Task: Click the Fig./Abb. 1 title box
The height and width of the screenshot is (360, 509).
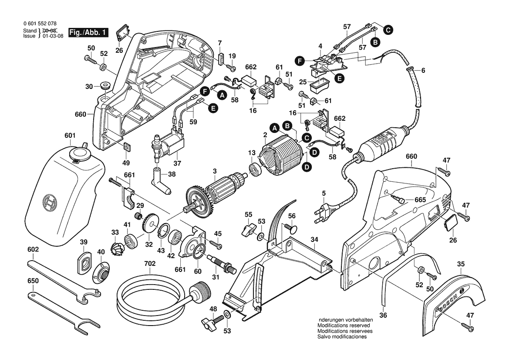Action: pos(89,33)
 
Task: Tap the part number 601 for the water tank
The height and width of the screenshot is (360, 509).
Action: pos(70,135)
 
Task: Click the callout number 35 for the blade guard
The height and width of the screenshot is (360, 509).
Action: pos(462,264)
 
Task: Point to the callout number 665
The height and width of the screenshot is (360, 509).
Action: pos(420,200)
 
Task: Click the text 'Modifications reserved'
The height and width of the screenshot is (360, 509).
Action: pos(344,326)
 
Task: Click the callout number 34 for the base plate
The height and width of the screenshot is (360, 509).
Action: pos(314,239)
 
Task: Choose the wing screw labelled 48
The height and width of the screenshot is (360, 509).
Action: pos(209,323)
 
